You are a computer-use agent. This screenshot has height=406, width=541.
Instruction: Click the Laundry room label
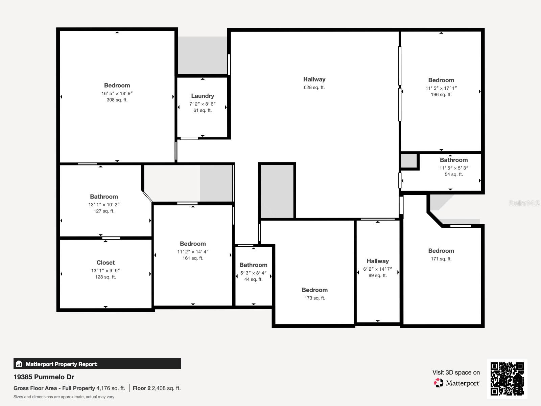pyautogui.click(x=203, y=96)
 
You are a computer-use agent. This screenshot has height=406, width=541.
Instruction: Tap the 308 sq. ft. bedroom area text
pyautogui.click(x=117, y=100)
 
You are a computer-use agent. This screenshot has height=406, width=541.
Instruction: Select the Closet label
pyautogui.click(x=105, y=263)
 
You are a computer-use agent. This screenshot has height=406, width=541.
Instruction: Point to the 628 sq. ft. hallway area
pyautogui.click(x=314, y=87)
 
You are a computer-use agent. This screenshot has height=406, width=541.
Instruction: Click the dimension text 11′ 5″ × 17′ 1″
pyautogui.click(x=441, y=88)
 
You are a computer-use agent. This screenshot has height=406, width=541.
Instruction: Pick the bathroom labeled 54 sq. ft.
pyautogui.click(x=453, y=160)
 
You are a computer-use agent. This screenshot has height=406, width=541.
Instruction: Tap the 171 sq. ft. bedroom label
pyautogui.click(x=441, y=251)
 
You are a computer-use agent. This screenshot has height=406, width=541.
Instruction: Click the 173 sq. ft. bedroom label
pyautogui.click(x=314, y=290)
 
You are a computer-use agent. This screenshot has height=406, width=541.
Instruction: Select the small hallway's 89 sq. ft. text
pyautogui.click(x=378, y=275)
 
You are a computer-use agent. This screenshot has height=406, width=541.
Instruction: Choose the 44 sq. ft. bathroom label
pyautogui.click(x=253, y=265)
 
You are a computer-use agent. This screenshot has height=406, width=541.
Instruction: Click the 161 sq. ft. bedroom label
pyautogui.click(x=193, y=244)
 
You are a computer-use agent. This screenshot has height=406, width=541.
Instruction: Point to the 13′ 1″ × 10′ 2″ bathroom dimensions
pyautogui.click(x=104, y=204)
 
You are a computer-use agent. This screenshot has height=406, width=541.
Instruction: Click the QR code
pyautogui.click(x=507, y=379)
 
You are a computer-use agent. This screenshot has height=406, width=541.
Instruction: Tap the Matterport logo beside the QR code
pyautogui.click(x=457, y=383)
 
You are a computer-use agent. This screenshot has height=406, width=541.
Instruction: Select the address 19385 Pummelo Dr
pyautogui.click(x=44, y=377)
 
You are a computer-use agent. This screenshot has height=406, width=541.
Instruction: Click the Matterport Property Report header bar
pyautogui.click(x=97, y=364)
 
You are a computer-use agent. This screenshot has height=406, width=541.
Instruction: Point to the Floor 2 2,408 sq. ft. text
pyautogui.click(x=157, y=388)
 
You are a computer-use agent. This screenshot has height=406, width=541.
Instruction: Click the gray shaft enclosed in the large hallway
pyautogui.click(x=277, y=191)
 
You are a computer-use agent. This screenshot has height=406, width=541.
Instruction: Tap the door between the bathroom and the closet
pyautogui.click(x=111, y=238)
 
